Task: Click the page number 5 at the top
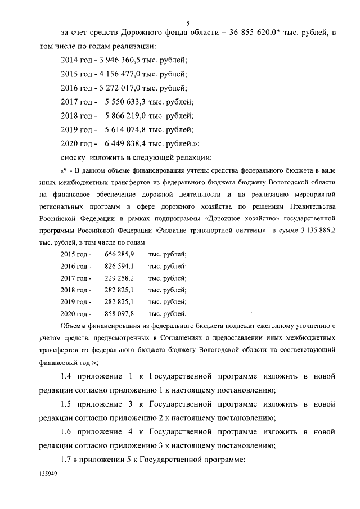(187, 22)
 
